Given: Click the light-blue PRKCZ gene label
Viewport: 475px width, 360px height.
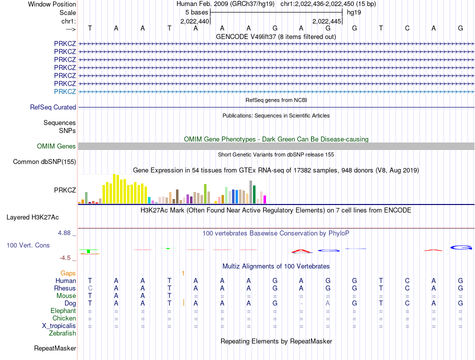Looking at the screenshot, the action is (65, 91).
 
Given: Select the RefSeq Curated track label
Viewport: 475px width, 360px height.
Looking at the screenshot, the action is (53, 107).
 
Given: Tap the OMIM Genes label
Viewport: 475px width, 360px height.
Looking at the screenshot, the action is (56, 146).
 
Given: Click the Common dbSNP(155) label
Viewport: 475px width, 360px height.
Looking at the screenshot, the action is (44, 162).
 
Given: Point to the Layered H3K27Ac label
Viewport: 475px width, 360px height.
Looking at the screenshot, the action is (32, 217).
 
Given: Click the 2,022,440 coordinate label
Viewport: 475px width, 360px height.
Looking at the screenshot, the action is (194, 21).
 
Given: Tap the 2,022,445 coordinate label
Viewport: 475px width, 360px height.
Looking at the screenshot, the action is (327, 21).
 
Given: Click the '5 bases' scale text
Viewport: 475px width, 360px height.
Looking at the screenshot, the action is (197, 12).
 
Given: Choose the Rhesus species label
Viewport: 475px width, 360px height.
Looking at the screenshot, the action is (65, 288).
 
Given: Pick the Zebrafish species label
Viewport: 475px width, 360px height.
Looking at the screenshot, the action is (62, 333).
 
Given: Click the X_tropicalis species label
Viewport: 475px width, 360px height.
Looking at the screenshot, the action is (59, 326).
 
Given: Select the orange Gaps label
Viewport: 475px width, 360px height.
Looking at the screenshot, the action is (68, 273).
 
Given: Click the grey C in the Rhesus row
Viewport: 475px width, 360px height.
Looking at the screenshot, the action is (90, 288).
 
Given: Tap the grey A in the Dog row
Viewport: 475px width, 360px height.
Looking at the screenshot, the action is (328, 303).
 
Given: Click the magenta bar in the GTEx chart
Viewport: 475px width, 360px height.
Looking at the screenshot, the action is (264, 199).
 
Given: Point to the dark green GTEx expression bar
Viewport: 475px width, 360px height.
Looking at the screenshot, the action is (254, 194).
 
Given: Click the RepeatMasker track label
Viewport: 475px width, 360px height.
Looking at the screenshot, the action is (55, 348).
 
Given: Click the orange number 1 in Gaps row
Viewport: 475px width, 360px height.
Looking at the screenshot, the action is (183, 273).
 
